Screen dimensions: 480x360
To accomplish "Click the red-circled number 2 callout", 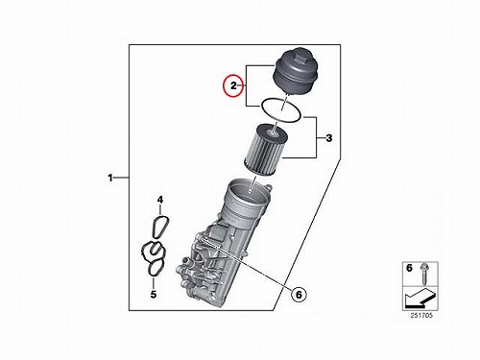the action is point(233,85).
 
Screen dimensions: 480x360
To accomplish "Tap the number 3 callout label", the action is point(328,138).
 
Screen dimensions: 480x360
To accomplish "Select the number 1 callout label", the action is point(110,178).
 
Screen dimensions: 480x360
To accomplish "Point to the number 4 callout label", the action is point(160,200).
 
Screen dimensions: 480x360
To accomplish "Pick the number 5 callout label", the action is point(154,294).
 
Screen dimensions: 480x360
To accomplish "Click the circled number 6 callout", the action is point(299,295).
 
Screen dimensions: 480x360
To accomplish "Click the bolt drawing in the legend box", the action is point(424,274).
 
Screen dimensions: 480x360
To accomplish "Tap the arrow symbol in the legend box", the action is point(420,298).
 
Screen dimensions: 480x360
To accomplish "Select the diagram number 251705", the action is point(421,316).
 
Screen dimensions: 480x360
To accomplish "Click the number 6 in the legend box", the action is point(409,268).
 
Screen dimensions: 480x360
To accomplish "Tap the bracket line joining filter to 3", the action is point(317,138).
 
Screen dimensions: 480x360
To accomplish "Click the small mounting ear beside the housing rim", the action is point(269,186).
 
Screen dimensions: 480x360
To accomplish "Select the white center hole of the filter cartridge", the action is point(273,131).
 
